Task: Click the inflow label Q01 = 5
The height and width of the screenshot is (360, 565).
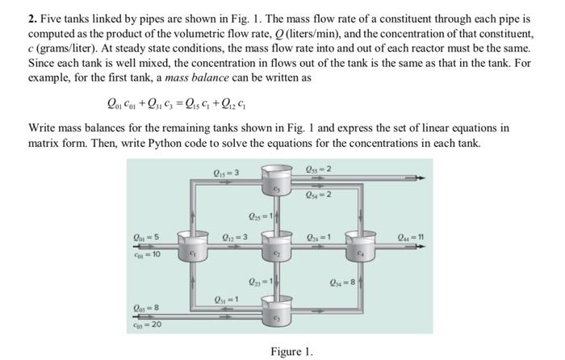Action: (x=146, y=237)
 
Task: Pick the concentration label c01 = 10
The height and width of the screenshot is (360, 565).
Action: (x=146, y=255)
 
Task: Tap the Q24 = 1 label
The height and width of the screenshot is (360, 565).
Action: (x=316, y=237)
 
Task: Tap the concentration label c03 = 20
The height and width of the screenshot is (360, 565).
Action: (x=146, y=324)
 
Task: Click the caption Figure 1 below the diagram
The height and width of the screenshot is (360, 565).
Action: (x=291, y=352)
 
